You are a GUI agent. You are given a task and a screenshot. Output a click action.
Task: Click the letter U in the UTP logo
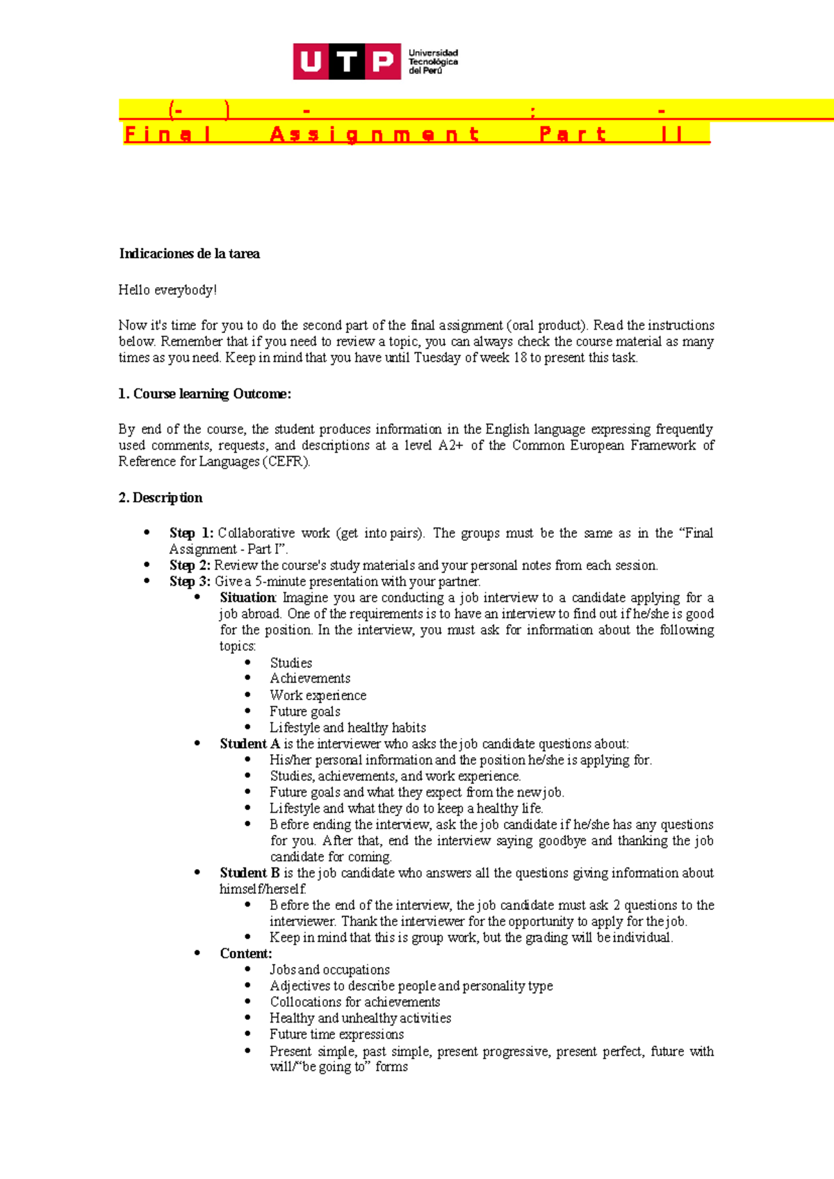311,62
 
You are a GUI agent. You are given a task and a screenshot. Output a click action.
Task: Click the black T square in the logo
347,62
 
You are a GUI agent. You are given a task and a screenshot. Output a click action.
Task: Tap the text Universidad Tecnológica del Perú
432,62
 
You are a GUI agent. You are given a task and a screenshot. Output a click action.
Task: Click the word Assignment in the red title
375,134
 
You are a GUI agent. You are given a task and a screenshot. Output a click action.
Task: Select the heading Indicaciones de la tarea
189,254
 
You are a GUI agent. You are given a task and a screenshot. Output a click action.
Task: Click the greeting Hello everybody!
167,290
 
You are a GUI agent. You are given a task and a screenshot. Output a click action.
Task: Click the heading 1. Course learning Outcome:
204,394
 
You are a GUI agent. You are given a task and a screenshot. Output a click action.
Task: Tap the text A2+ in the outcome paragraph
450,446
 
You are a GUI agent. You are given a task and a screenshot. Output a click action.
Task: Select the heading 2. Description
161,498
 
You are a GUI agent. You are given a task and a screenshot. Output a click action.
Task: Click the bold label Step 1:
191,533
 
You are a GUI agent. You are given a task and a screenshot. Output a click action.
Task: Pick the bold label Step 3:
190,581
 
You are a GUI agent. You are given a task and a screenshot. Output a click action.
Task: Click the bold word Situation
247,598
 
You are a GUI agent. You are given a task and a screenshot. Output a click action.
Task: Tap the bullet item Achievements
310,678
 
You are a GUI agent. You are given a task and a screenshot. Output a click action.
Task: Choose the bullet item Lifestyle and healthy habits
347,728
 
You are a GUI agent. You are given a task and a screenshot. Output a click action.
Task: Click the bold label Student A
250,744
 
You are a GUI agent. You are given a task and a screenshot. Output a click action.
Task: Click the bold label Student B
250,873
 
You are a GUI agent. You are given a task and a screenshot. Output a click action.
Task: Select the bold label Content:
245,954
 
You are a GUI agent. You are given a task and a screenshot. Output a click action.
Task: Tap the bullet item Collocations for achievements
354,1002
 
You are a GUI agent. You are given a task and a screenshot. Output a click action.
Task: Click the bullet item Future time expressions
336,1034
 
